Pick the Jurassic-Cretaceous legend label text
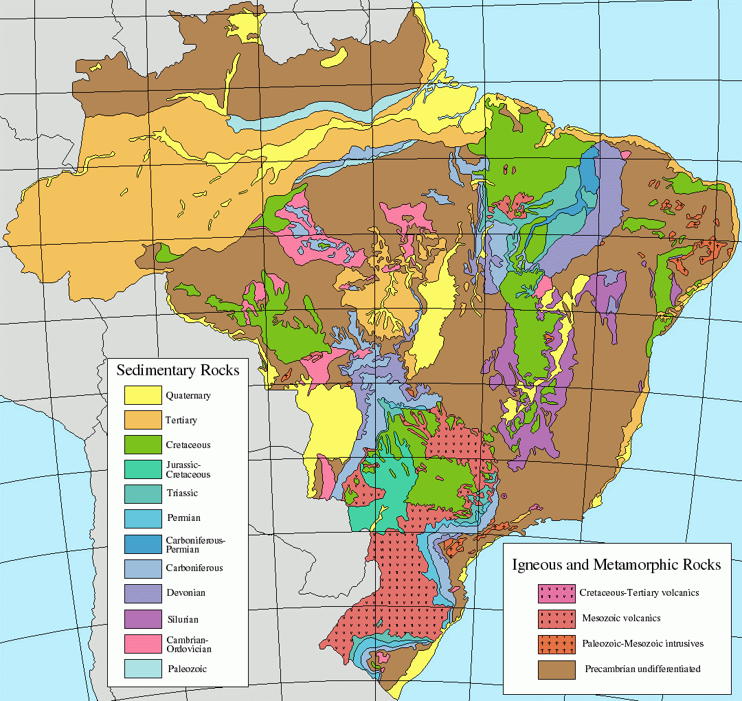[188, 469]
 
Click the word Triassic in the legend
[182, 493]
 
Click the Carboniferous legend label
[194, 568]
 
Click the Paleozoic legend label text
[187, 668]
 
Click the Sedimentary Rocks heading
[178, 370]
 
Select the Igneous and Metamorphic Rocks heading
[616, 565]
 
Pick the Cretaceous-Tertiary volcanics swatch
[556, 592]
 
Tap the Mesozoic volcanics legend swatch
[556, 618]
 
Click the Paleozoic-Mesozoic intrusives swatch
[556, 644]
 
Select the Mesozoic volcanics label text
[621, 618]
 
